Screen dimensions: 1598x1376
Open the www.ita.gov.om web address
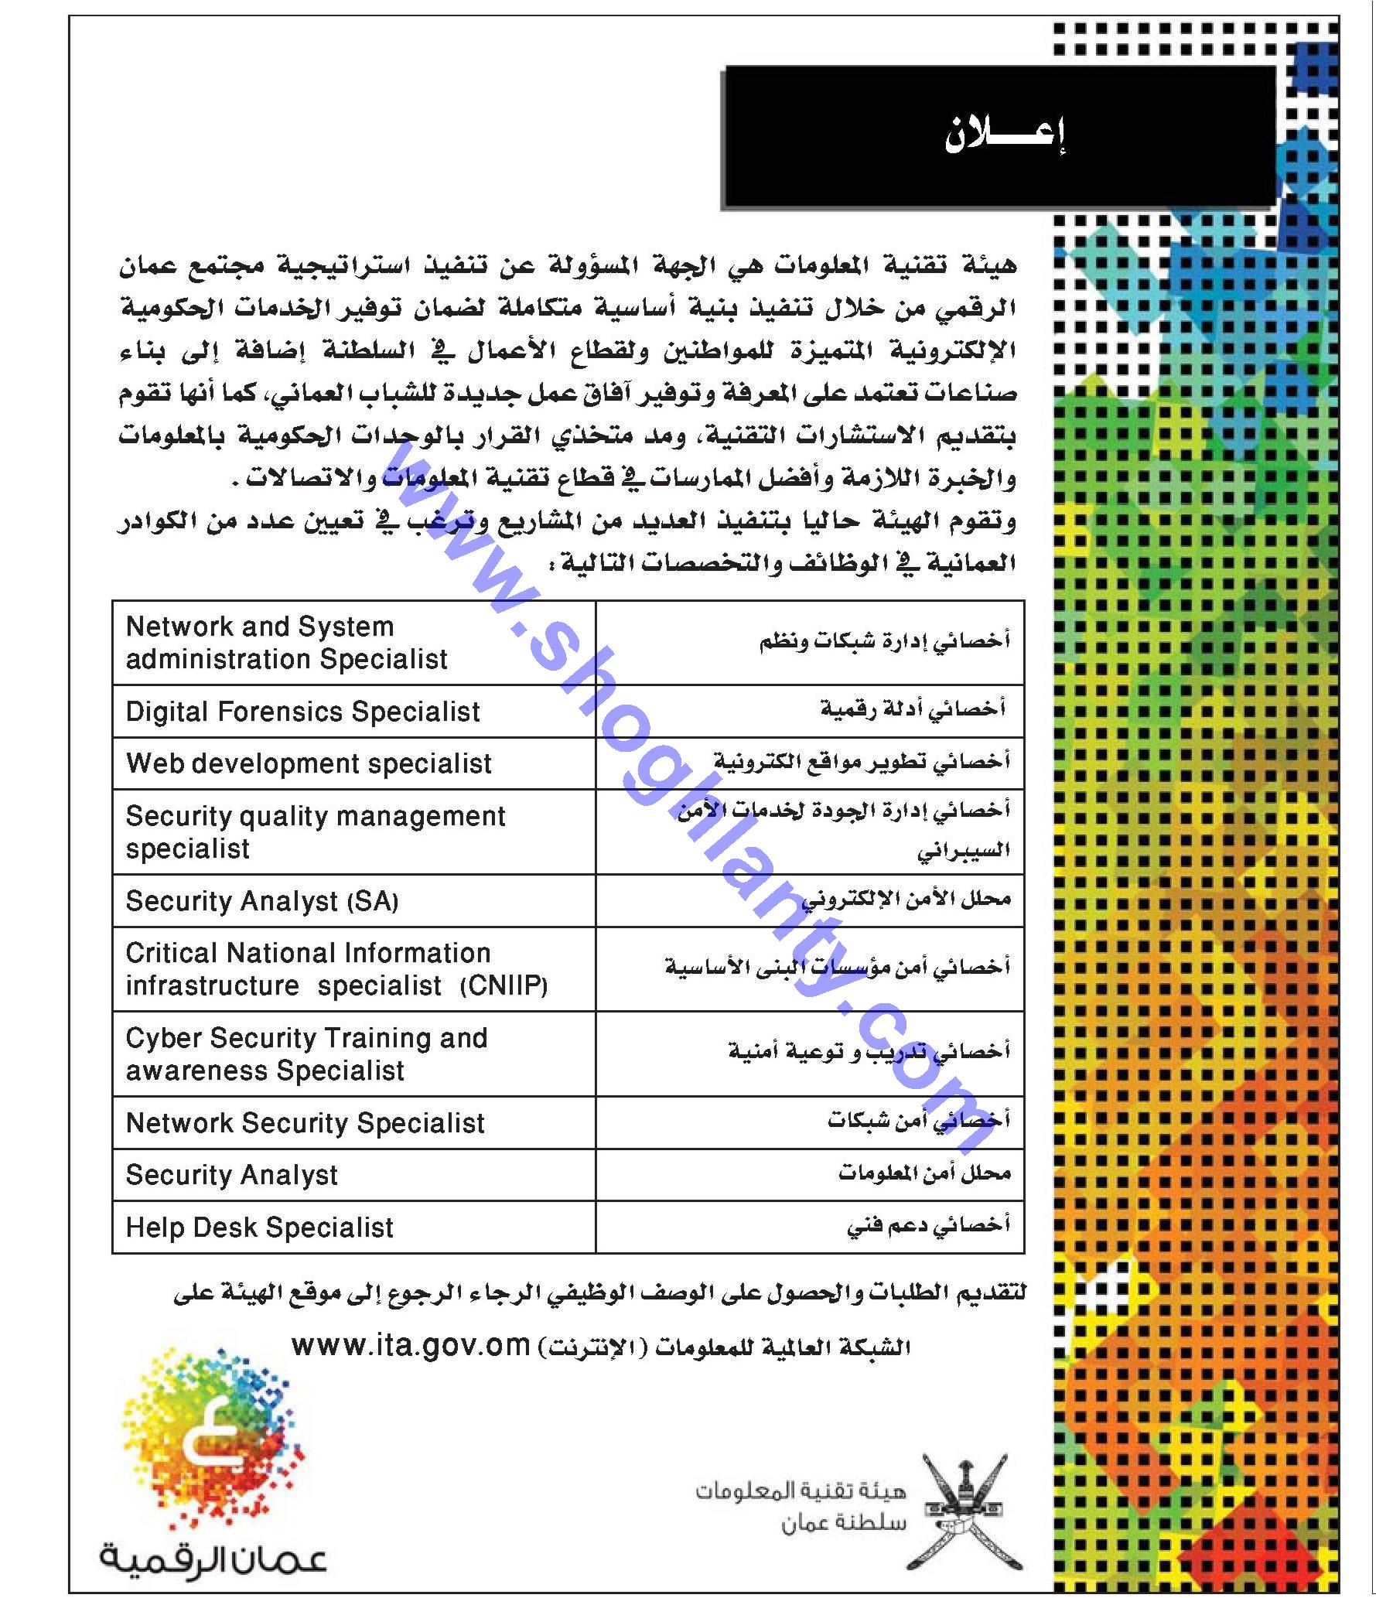(x=410, y=1345)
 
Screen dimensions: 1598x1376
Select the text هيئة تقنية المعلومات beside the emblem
(x=800, y=1490)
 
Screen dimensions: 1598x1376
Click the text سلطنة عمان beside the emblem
(x=842, y=1524)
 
